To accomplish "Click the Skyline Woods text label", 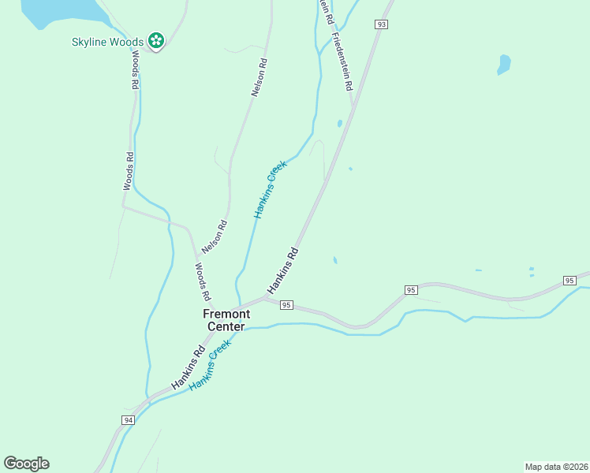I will pyautogui.click(x=106, y=41).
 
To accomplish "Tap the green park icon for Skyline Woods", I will pyautogui.click(x=156, y=40).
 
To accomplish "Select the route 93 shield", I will pyautogui.click(x=382, y=24).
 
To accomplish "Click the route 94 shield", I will pyautogui.click(x=129, y=420).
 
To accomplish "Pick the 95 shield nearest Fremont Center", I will pyautogui.click(x=286, y=305).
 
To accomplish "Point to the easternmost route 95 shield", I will pyautogui.click(x=570, y=281).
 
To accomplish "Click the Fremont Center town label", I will pyautogui.click(x=227, y=320).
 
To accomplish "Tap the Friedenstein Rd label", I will pyautogui.click(x=342, y=62).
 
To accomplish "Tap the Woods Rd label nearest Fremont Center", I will pyautogui.click(x=202, y=281).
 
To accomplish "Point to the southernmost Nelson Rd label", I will pyautogui.click(x=215, y=236).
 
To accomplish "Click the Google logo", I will pyautogui.click(x=26, y=464).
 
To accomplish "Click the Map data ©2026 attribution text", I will pyautogui.click(x=556, y=467).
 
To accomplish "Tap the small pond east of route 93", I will pyautogui.click(x=503, y=64).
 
